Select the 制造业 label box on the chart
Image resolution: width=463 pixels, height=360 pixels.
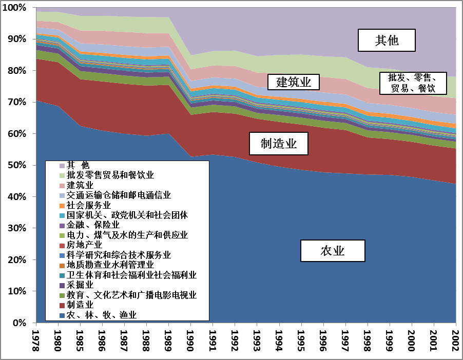[x=279, y=144]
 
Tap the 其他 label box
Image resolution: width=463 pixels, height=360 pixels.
[x=386, y=41]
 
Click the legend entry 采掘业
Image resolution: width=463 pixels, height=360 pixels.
[x=80, y=285]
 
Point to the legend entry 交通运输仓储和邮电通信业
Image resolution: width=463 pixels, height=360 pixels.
[x=119, y=195]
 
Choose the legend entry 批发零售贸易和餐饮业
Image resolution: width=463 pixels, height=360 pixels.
[x=110, y=175]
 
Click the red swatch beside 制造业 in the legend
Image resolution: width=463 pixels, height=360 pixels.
[x=62, y=305]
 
